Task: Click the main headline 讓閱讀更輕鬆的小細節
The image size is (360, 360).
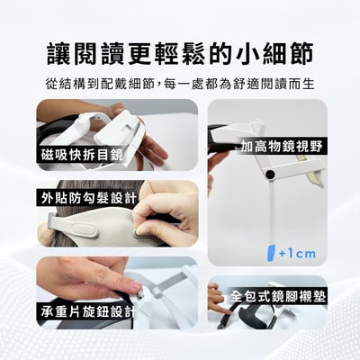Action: point(180,51)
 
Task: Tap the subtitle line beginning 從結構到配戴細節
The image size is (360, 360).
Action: point(180,83)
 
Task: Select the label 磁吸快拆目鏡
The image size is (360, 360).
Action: point(81,154)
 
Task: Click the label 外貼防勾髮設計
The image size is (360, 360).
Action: point(88,197)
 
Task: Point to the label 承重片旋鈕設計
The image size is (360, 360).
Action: point(87,311)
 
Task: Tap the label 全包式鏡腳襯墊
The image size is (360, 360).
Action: point(278,295)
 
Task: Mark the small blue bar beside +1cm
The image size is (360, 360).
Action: point(270,251)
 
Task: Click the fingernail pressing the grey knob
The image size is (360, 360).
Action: point(132,286)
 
